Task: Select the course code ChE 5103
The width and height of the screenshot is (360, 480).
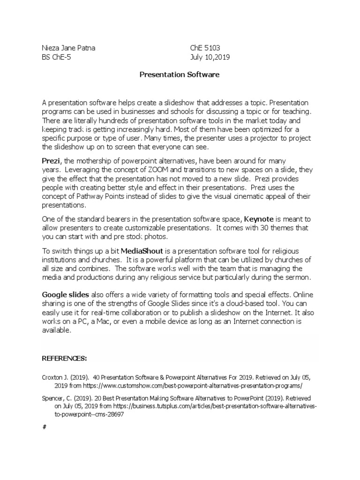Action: pos(205,48)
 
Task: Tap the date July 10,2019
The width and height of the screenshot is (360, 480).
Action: pos(210,57)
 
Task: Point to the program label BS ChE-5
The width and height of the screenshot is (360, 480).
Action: pos(58,57)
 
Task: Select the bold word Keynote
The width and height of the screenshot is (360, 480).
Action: pos(259,219)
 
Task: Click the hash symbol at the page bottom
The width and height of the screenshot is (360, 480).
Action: pos(44,427)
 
